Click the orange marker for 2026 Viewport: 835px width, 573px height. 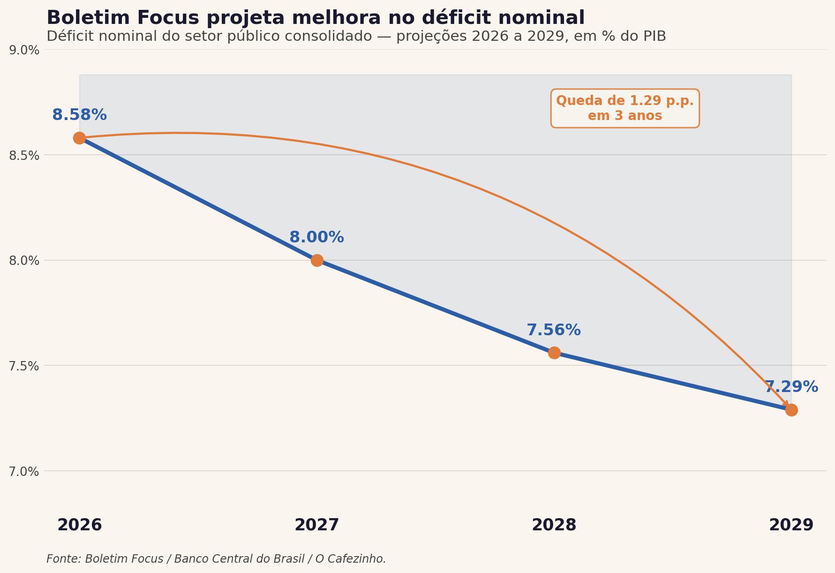tap(79, 138)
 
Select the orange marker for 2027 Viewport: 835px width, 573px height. tap(317, 260)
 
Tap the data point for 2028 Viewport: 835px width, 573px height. tap(554, 353)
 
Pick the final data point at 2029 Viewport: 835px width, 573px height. tap(791, 410)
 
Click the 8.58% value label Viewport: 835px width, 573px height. tap(79, 115)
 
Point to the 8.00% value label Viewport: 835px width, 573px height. tap(316, 237)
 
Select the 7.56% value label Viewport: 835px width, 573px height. tap(554, 330)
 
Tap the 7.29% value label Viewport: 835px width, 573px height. tap(791, 387)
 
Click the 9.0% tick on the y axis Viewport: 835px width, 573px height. tap(24, 50)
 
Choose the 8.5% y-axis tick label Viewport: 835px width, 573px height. tap(24, 155)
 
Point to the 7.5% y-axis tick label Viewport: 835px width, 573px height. tap(24, 366)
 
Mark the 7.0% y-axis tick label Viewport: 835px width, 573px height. tap(24, 471)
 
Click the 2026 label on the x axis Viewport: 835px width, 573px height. tap(80, 525)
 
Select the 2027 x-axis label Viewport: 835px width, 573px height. tap(317, 525)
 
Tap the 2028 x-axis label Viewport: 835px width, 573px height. tap(554, 525)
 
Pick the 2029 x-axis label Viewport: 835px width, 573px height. tap(791, 525)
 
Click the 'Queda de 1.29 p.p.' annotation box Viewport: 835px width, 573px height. tap(625, 108)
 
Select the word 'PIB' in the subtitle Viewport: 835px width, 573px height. tap(653, 37)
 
